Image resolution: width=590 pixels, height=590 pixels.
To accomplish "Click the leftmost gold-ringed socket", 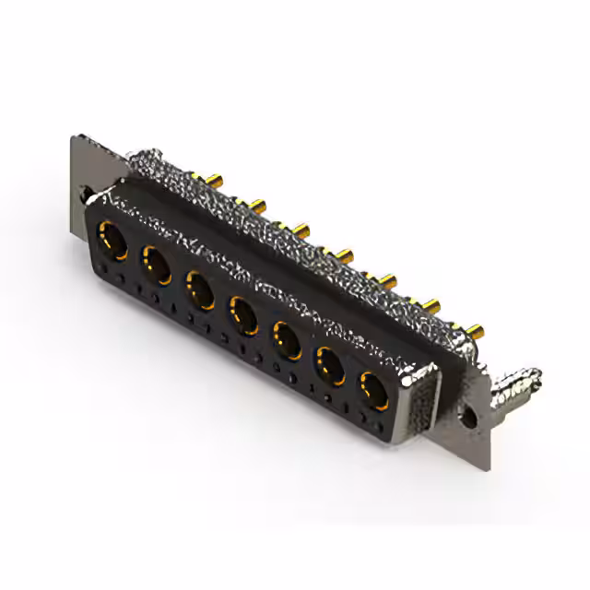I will tap(114, 242).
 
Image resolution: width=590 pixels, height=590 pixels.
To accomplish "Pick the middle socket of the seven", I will tap(243, 313).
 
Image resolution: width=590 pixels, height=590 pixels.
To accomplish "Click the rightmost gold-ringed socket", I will tap(372, 391).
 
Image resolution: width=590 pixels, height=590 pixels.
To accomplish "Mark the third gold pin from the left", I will tap(301, 226).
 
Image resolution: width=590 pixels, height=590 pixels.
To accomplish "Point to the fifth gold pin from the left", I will tap(387, 277).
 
